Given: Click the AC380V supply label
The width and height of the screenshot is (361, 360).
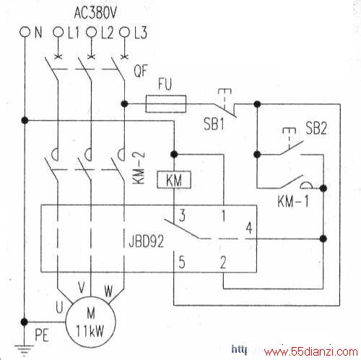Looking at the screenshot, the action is point(95,13).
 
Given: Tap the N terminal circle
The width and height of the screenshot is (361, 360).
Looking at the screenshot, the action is point(25,32).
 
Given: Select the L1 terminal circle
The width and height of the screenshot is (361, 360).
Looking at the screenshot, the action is point(58,32).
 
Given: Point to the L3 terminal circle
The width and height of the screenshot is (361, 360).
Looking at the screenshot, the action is point(124,32).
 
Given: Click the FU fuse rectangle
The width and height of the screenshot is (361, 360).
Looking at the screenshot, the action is point(166,104).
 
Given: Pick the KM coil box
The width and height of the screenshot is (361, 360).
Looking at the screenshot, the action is point(174,180).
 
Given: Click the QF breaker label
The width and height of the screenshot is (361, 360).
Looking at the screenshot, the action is point(140,71).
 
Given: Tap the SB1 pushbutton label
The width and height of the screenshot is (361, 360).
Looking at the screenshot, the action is point(214,124).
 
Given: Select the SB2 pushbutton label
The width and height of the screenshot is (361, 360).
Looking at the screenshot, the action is point(316,128).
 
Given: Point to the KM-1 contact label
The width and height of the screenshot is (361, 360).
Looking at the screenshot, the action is point(292,201).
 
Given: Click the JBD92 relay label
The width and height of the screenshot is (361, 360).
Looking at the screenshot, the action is point(147,241).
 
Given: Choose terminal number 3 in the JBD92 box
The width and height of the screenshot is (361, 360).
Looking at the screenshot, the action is point(182,215).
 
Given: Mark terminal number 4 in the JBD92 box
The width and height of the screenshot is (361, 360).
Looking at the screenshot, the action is point(249,228).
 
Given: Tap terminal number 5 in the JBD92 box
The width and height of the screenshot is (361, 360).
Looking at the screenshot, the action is point(182,262).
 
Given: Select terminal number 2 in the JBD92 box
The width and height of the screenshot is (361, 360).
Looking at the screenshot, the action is point(223,262).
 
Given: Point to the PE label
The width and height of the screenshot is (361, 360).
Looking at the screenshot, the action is point(42,335).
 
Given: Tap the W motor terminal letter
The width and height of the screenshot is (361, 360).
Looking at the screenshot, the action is point(108,291).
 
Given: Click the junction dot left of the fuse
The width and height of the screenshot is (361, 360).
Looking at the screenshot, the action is point(124,104).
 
